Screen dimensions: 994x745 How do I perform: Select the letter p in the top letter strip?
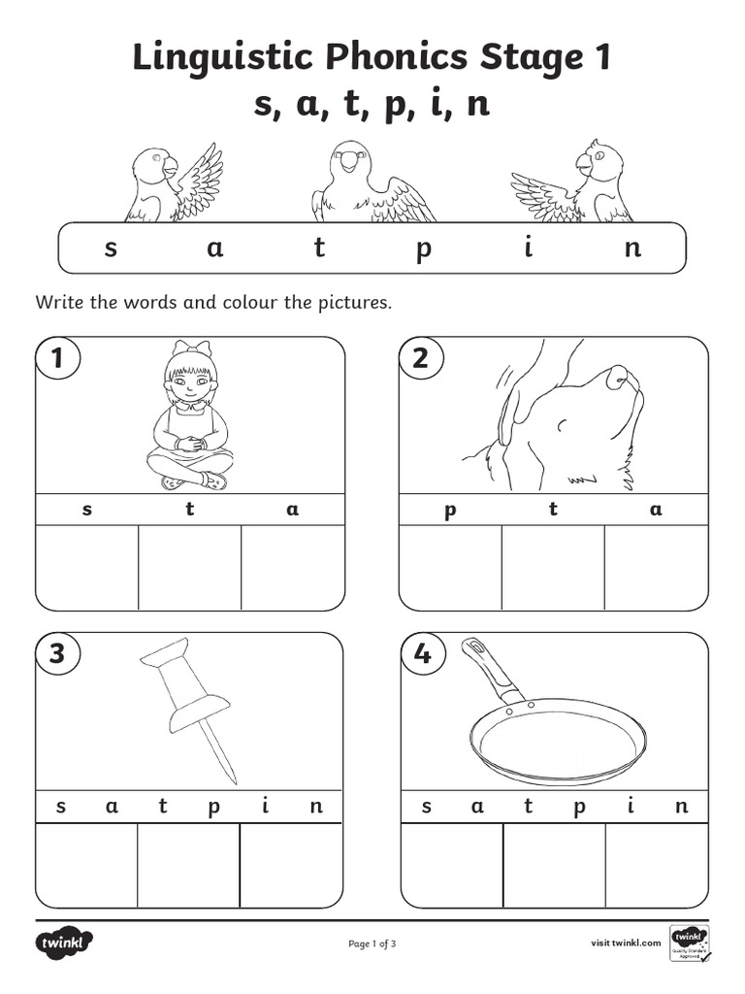pos(422,249)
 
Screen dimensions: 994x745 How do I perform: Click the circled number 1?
pos(57,359)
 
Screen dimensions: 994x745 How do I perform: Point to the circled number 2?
pos(421,359)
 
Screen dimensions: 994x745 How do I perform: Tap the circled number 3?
pos(57,654)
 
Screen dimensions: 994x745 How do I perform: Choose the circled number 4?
pos(421,654)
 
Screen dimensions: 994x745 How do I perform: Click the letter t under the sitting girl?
pos(190,510)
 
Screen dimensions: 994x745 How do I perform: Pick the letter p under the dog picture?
pos(450,511)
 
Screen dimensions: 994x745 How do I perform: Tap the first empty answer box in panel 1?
pos(87,568)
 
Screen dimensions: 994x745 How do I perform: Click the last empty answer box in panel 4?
pos(656,865)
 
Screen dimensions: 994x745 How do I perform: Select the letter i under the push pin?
pos(265,806)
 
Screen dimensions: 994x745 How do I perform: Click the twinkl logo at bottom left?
pos(65,943)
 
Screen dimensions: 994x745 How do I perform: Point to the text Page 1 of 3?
pos(372,943)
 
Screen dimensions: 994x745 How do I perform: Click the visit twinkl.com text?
pos(626,943)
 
